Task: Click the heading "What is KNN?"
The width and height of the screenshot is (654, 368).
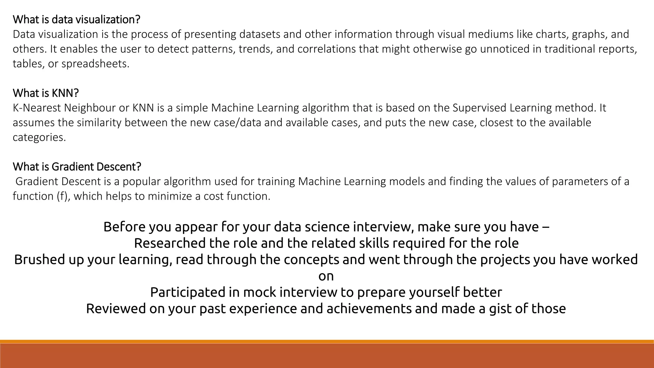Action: click(x=46, y=93)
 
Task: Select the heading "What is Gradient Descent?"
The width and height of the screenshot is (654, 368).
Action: click(x=77, y=167)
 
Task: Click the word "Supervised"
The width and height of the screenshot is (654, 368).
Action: click(x=479, y=108)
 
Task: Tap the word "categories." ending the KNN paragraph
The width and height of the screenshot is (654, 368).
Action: click(x=39, y=137)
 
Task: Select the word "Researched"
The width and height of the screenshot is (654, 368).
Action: click(x=170, y=243)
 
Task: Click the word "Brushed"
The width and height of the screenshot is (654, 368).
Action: click(x=40, y=260)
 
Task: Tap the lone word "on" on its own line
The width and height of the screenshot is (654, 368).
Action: click(x=326, y=276)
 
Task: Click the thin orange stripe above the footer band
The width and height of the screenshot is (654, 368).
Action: click(x=327, y=341)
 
